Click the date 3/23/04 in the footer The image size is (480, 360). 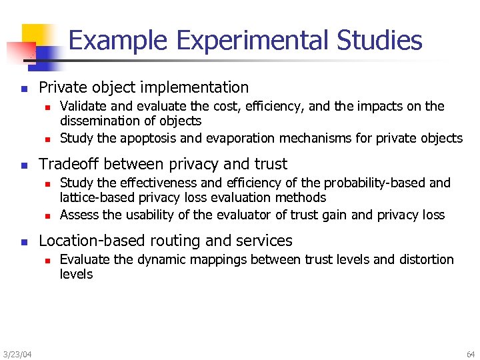point(17,353)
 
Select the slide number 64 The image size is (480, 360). point(471,353)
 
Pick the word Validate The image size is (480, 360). point(82,107)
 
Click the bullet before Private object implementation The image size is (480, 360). point(23,88)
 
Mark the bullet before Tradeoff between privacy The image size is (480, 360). point(23,165)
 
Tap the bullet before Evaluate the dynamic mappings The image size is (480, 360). point(47,260)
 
